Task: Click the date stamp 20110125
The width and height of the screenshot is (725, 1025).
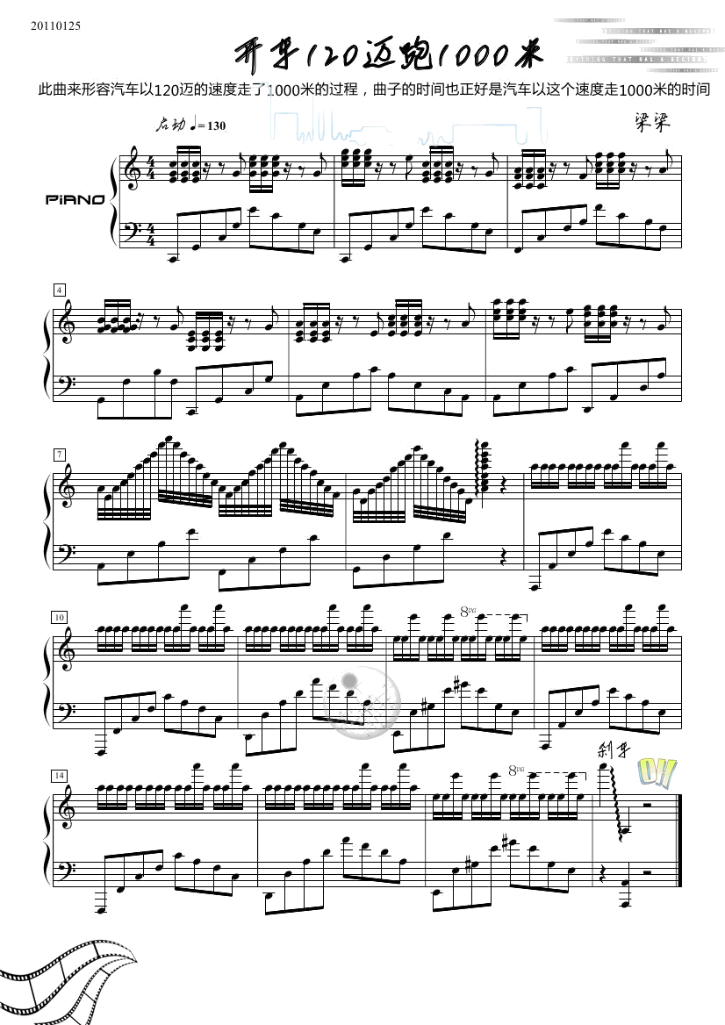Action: coord(55,25)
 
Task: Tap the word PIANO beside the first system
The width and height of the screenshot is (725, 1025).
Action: coord(75,199)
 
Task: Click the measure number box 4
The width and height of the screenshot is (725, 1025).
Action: coord(59,290)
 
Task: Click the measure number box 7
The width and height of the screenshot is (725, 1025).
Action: coord(59,454)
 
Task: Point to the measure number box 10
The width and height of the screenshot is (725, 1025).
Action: coord(60,617)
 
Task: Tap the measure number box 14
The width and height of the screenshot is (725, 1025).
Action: coord(60,775)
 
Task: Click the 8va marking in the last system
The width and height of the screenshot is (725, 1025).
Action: coord(516,770)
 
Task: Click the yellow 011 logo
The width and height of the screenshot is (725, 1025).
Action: coord(657,772)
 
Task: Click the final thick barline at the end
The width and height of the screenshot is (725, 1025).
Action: coord(678,837)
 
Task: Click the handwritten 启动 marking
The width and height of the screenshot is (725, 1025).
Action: coord(170,125)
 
